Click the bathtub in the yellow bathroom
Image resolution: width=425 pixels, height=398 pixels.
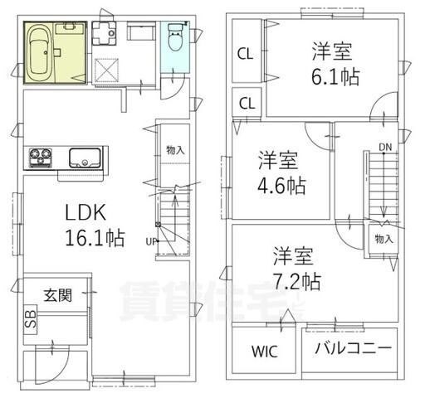tap(39, 52)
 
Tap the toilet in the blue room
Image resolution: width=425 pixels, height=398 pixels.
tap(175, 37)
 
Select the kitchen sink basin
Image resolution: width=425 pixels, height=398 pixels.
tap(85, 158)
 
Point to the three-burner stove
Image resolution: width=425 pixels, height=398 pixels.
tap(41, 158)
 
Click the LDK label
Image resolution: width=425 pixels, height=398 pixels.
tap(85, 212)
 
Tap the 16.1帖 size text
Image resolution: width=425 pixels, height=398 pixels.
tap(95, 238)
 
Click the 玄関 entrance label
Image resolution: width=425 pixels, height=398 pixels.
tap(58, 295)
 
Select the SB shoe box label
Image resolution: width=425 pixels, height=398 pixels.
tap(30, 319)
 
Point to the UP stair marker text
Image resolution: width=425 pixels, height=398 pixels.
tap(151, 242)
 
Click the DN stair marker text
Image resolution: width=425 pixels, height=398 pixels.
tap(385, 148)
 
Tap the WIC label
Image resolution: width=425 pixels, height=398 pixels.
tap(264, 352)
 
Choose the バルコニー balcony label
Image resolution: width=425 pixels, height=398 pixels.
tap(354, 348)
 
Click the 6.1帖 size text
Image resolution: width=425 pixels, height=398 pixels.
tap(335, 76)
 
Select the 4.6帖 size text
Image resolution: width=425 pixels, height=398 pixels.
tap(281, 186)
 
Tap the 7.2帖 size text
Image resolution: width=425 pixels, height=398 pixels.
tap(296, 281)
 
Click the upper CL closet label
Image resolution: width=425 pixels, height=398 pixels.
tap(245, 54)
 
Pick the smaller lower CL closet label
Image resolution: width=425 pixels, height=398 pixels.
tap(247, 104)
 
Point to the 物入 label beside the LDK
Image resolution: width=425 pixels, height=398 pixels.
tap(175, 150)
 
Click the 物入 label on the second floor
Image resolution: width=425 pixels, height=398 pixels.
tap(383, 239)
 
